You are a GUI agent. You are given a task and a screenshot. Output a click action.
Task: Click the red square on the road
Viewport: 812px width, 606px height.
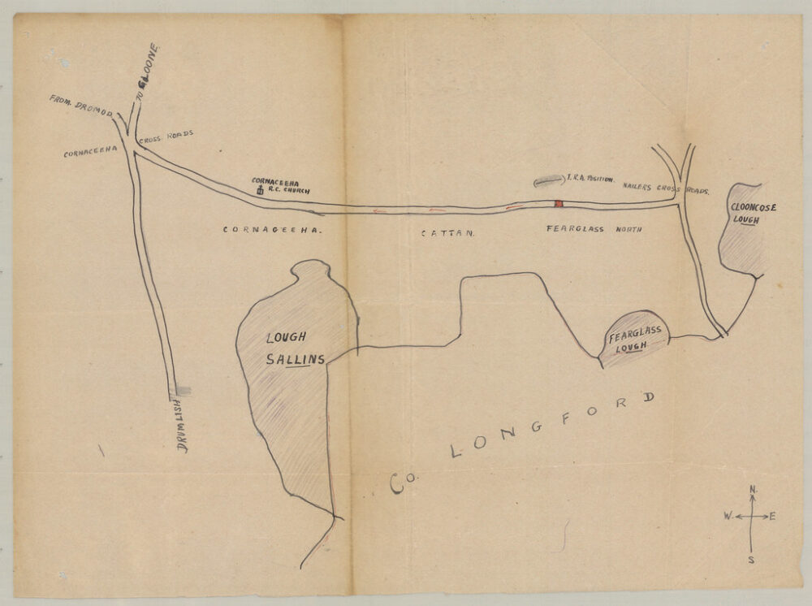click(558, 204)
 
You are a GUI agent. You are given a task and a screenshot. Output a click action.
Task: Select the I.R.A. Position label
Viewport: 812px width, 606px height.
click(592, 176)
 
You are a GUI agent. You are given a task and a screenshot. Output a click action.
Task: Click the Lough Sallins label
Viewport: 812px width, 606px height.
click(293, 347)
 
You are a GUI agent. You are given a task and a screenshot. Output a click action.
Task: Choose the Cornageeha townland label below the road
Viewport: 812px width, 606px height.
click(273, 230)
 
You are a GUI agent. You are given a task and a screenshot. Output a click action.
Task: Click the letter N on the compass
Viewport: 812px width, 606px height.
click(753, 489)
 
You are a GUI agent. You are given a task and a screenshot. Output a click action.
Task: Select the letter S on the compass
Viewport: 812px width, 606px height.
click(751, 558)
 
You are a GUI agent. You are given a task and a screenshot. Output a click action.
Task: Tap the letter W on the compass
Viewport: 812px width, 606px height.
click(728, 517)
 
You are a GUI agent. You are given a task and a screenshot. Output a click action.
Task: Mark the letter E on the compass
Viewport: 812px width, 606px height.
click(771, 517)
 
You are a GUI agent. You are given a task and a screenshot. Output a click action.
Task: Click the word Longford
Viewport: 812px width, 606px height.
click(552, 426)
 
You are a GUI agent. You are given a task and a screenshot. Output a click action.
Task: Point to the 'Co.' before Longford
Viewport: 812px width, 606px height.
click(399, 483)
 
